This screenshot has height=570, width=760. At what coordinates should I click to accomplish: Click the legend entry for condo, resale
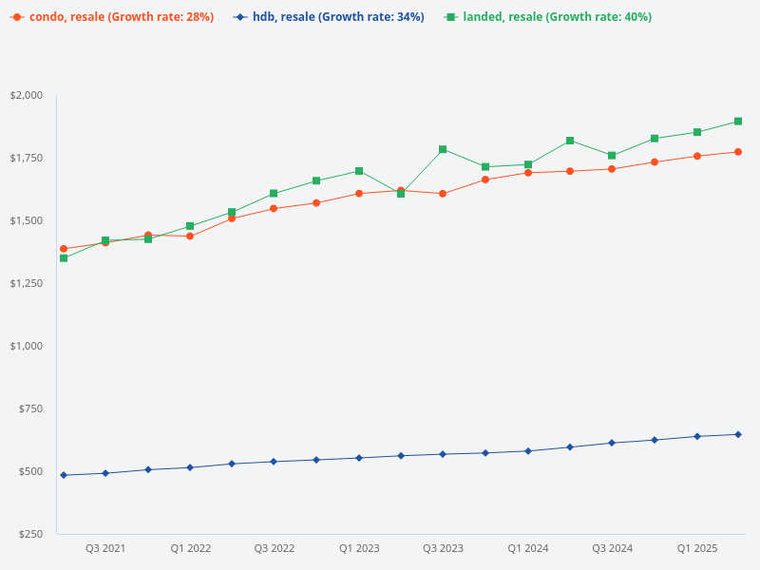coord(112,17)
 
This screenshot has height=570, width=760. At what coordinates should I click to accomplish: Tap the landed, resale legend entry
coord(548,17)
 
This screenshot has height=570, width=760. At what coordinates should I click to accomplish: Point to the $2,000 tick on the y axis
coord(27,95)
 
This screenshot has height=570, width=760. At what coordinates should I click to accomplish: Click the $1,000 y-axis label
coord(27,346)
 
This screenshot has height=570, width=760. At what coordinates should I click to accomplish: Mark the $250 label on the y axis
coord(32,534)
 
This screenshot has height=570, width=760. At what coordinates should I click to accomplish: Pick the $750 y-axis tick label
coord(32,408)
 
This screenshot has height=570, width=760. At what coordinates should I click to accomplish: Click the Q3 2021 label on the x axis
coord(105,548)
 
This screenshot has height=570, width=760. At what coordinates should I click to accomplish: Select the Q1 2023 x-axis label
coord(359,548)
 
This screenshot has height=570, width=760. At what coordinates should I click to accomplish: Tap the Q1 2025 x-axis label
coord(696,548)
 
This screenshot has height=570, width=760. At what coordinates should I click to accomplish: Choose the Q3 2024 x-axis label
coord(612,548)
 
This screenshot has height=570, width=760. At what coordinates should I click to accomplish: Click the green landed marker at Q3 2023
coord(443,149)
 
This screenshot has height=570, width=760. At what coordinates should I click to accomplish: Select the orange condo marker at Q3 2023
coord(443,194)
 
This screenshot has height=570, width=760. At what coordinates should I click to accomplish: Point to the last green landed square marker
coord(738,122)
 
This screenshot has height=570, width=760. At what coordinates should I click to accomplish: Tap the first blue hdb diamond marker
coord(64,475)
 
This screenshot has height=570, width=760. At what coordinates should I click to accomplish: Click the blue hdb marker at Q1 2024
coord(527,451)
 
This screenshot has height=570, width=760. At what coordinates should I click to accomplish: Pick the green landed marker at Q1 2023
coord(359,171)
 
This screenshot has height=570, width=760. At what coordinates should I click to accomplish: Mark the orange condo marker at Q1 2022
coord(190,236)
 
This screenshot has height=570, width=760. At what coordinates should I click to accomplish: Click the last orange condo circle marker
coord(738,152)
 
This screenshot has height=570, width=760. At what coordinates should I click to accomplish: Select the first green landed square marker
coord(64,258)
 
